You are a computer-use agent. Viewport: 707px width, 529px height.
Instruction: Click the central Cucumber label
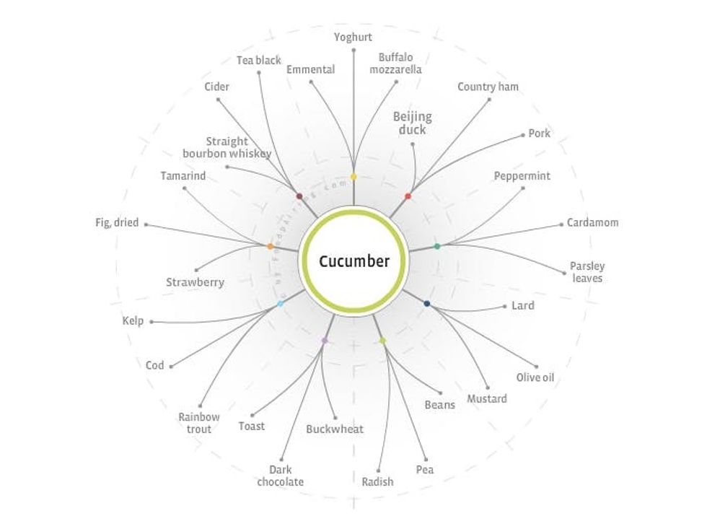[x=353, y=261]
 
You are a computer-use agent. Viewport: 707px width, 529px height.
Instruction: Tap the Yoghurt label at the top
[x=353, y=36]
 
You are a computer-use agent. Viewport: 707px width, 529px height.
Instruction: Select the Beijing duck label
[x=412, y=123]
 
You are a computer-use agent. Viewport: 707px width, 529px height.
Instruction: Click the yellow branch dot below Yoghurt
[x=353, y=177]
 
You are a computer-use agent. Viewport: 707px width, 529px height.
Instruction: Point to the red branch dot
[x=408, y=196]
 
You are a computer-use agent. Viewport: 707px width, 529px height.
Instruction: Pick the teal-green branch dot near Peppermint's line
[x=436, y=247]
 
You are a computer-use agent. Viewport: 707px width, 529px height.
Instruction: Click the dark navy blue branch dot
[x=427, y=304]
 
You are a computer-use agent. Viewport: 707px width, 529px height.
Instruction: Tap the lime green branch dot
[x=382, y=341]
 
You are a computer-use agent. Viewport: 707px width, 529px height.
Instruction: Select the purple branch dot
[x=325, y=340]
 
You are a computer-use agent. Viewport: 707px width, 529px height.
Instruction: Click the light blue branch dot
[x=280, y=304]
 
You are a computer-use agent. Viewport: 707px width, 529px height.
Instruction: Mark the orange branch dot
[x=271, y=247]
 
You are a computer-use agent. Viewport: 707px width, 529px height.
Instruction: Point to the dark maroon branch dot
[x=299, y=196]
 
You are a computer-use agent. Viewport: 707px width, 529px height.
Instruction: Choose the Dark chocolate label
[x=280, y=476]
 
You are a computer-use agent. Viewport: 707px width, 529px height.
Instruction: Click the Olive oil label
[x=535, y=377]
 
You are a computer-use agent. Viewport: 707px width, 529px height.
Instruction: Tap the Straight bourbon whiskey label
[x=227, y=147]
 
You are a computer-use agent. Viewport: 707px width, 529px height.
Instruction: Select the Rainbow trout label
[x=199, y=423]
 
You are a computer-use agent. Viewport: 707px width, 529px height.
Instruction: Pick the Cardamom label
[x=592, y=222]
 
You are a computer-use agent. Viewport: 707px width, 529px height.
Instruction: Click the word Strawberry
[x=195, y=282]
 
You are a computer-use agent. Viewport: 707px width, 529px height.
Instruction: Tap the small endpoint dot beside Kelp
[x=151, y=322]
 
